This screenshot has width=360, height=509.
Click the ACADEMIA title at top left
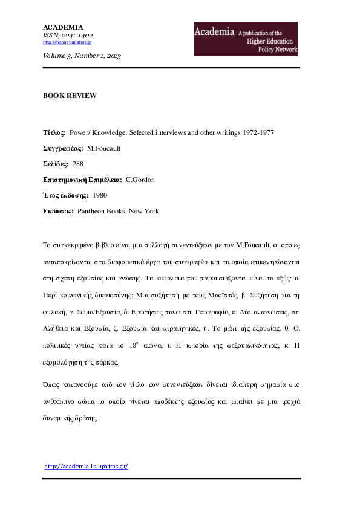[x=63, y=27]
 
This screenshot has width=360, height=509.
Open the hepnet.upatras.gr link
[x=67, y=42]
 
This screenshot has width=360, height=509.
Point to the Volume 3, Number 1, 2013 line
[x=82, y=56]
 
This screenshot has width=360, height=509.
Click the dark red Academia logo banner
[x=245, y=39]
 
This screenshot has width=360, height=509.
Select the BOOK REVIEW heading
[x=70, y=96]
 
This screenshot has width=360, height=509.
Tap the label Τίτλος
[x=54, y=132]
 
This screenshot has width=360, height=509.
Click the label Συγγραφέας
[x=62, y=148]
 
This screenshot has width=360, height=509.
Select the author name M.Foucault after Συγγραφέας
[x=104, y=148]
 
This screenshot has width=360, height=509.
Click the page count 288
[x=78, y=164]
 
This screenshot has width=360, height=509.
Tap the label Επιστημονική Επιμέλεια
[x=82, y=180]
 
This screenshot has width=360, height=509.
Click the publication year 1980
[x=100, y=195]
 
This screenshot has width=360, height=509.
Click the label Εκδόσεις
[x=58, y=211]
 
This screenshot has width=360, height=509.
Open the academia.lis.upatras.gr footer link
[x=87, y=467]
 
